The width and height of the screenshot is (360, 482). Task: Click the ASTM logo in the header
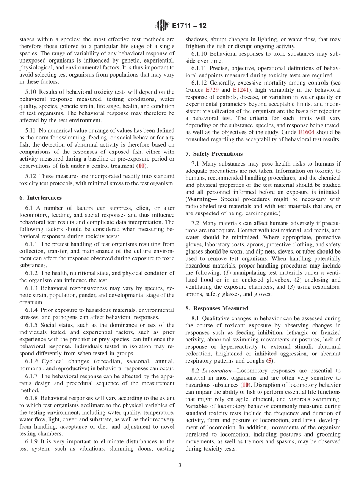162,26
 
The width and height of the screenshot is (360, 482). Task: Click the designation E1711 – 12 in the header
189,26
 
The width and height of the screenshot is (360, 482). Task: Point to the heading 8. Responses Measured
217,308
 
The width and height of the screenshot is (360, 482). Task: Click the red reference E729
212,90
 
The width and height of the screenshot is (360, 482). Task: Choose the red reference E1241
240,90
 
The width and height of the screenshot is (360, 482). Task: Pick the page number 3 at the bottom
180,465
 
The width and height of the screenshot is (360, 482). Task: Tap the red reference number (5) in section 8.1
269,361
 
